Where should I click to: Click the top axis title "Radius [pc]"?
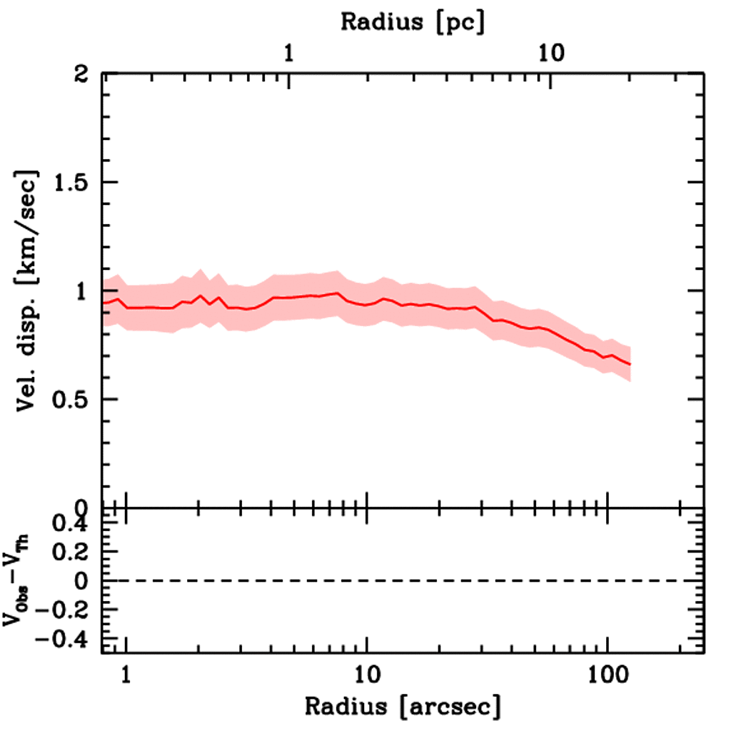coord(413,21)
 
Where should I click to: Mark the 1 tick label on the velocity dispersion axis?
coord(84,291)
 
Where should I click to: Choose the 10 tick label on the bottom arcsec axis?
coord(366,673)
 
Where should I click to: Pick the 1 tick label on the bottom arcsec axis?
coord(126,673)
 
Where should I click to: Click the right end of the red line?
coord(630,364)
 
